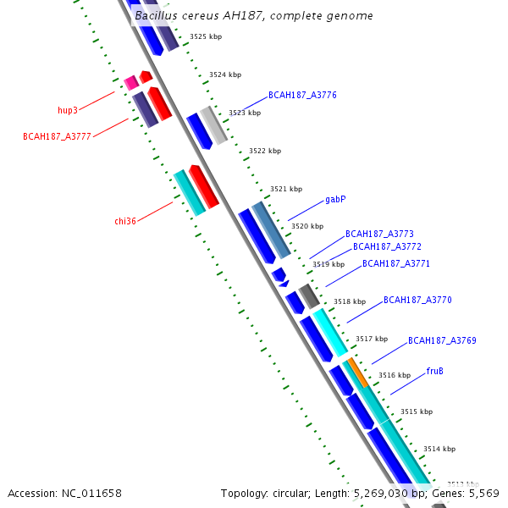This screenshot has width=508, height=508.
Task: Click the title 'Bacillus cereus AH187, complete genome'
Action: coord(253,16)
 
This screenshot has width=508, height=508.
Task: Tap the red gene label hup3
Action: coord(68,110)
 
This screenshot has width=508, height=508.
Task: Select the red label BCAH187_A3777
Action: coord(57,135)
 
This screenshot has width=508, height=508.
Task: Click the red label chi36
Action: coord(125,221)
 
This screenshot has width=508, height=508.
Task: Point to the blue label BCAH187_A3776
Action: coord(302,95)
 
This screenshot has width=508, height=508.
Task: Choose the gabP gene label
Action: coord(335,200)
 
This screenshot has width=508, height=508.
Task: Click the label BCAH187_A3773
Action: coord(379,234)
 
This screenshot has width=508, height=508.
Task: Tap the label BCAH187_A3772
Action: coord(387,246)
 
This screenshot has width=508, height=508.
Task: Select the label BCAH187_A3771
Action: coord(396,263)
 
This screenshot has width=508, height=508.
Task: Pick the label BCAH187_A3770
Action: coord(417,300)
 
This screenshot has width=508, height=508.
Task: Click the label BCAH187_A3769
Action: coord(442,340)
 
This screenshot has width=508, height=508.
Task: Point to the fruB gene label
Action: coord(435,371)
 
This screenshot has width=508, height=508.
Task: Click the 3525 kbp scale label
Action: coord(205,36)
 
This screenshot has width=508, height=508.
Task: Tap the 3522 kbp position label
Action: coord(265,151)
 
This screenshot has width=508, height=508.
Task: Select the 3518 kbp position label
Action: coord(349,301)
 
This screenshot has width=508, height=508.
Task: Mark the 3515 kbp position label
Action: coord(417,411)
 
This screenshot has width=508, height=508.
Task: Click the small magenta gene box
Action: coord(130,82)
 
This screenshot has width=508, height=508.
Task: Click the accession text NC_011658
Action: coord(64,493)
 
